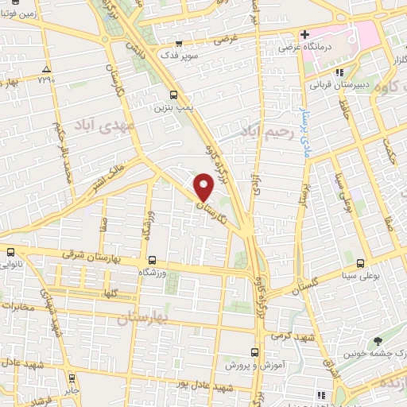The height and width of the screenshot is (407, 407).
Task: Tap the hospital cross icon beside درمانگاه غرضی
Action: [304, 35]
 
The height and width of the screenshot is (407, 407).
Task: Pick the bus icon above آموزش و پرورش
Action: [255, 351]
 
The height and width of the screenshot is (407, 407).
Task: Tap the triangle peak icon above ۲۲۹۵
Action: [48, 69]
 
